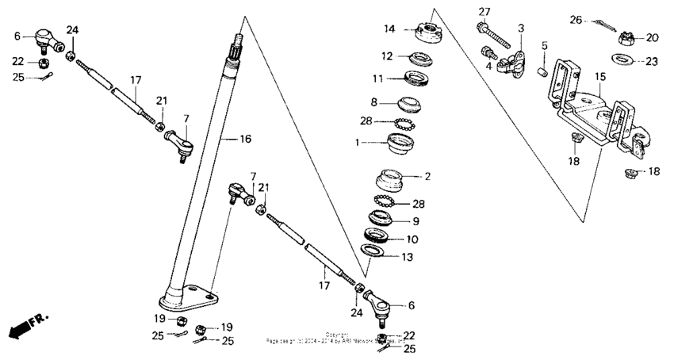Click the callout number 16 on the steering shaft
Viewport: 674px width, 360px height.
tap(245, 139)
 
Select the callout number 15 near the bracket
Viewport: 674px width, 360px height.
tap(600, 77)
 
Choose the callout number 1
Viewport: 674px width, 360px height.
tap(358, 143)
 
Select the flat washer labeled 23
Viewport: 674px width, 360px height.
tap(622, 59)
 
